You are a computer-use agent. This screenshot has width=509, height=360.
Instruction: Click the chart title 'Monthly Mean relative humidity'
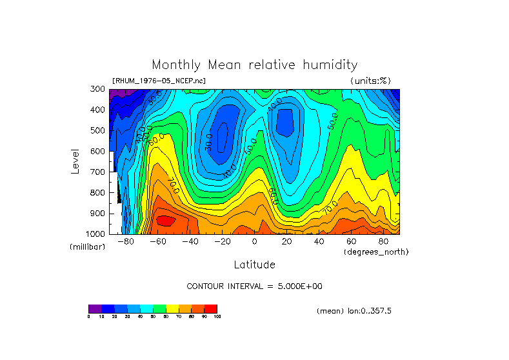254,65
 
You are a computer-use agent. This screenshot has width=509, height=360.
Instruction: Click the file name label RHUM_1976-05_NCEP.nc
159,81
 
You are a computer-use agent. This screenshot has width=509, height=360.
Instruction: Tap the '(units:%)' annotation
370,81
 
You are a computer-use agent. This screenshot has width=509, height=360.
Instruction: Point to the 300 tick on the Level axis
99,89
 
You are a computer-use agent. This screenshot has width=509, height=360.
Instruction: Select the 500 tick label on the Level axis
99,130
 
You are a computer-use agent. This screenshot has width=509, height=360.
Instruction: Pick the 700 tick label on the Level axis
99,172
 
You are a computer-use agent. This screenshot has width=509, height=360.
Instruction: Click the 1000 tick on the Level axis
97,234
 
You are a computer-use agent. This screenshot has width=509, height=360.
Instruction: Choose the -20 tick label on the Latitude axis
222,242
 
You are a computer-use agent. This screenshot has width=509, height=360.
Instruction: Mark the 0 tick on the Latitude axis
254,242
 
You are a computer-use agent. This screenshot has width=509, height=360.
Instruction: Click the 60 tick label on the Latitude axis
351,242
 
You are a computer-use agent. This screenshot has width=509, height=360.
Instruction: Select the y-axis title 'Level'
76,161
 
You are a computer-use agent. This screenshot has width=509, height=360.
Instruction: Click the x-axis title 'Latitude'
254,265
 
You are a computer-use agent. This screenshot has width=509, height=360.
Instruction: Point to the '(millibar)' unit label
87,247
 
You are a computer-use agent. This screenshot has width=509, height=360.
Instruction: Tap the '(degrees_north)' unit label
375,252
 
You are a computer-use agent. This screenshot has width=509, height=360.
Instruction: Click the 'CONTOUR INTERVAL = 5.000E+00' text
254,286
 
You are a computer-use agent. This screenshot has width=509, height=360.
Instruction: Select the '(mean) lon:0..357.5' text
354,311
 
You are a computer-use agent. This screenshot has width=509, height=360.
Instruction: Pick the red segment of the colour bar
211,308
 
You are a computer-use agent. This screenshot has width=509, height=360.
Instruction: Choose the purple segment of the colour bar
95,308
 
